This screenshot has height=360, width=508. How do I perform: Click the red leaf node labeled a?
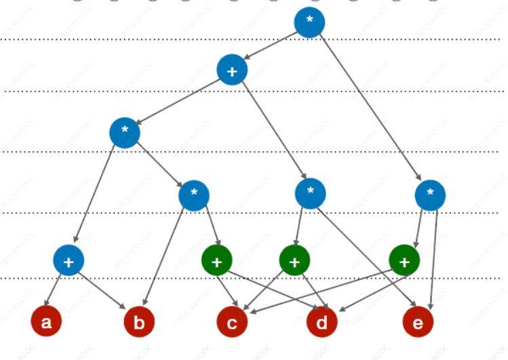pyautogui.click(x=46, y=322)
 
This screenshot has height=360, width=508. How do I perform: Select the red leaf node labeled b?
pyautogui.click(x=139, y=323)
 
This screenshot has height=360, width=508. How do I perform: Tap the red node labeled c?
pyautogui.click(x=232, y=323)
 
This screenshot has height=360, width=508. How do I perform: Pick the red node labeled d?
pyautogui.click(x=322, y=323)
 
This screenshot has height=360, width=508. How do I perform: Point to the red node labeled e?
pyautogui.click(x=418, y=323)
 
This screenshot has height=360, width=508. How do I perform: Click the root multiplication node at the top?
pyautogui.click(x=309, y=22)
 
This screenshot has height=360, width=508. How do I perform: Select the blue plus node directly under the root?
pyautogui.click(x=232, y=70)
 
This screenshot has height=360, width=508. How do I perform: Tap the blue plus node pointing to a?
pyautogui.click(x=69, y=260)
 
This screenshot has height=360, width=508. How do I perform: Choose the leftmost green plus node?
pyautogui.click(x=217, y=260)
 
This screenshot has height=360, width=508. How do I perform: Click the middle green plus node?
pyautogui.click(x=294, y=260)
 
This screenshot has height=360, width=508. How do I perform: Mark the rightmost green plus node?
pyautogui.click(x=404, y=260)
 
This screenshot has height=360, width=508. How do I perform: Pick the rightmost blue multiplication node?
pyautogui.click(x=430, y=195)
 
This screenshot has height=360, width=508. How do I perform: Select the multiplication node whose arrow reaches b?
pyautogui.click(x=194, y=195)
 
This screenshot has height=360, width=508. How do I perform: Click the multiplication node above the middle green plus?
pyautogui.click(x=311, y=193)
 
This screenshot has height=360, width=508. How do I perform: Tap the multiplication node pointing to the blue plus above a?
pyautogui.click(x=125, y=132)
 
